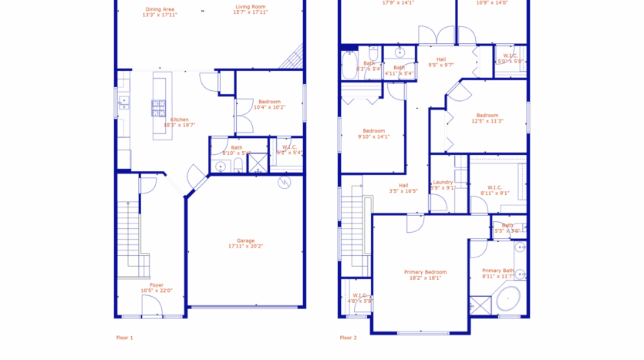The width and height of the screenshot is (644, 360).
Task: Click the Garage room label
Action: [x=245, y=241]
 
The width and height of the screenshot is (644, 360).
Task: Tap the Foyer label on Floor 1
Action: [x=157, y=285]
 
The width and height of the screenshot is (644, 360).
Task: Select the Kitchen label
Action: [x=179, y=119]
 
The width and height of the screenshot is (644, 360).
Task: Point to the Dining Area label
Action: [x=159, y=9]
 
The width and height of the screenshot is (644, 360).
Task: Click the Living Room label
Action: [x=251, y=9]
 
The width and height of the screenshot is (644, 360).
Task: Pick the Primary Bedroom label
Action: [x=425, y=272]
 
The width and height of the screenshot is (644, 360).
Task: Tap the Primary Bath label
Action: [x=497, y=271]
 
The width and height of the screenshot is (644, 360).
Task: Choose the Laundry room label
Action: [x=443, y=182]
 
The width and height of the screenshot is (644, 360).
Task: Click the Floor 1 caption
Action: [x=124, y=338]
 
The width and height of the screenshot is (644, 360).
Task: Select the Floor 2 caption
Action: [x=349, y=338]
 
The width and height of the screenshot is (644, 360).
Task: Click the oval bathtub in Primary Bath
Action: [x=508, y=298]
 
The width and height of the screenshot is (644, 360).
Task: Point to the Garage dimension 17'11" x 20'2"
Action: [x=245, y=247]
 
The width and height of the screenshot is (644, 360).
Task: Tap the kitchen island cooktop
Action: [x=158, y=107]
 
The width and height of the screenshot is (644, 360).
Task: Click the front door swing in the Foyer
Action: [x=152, y=306]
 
